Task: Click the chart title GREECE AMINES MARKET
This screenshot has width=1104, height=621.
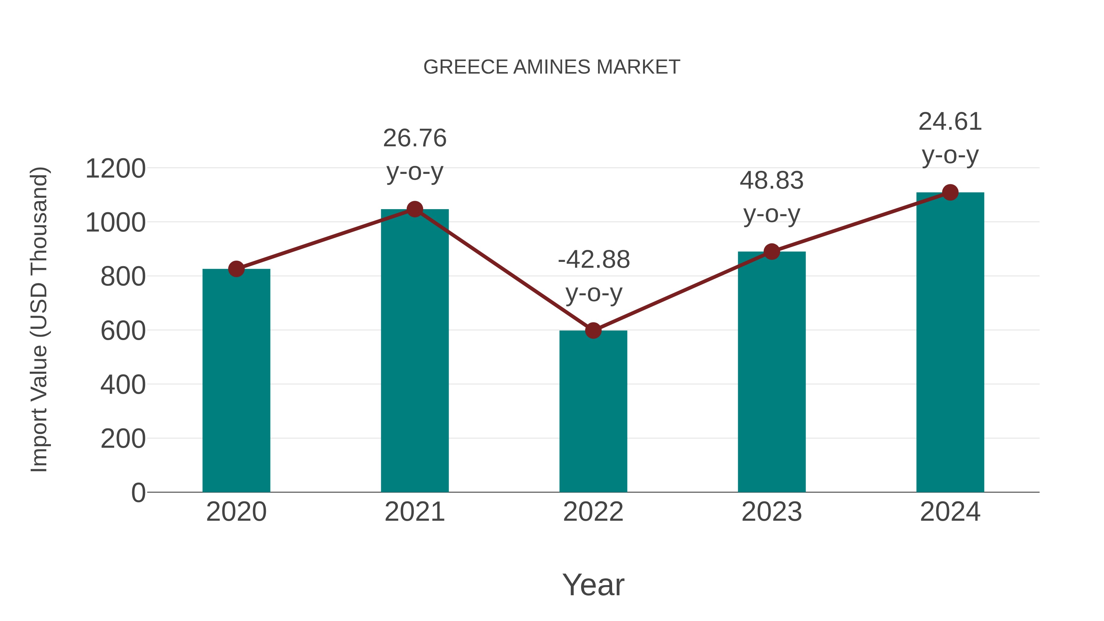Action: [x=552, y=67]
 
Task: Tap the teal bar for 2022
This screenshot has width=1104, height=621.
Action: [x=593, y=412]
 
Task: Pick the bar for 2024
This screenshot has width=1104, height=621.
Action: [x=950, y=343]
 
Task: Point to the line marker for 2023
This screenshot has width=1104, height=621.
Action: [x=772, y=251]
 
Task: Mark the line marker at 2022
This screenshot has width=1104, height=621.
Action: [x=593, y=330]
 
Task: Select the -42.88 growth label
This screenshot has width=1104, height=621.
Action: [x=594, y=260]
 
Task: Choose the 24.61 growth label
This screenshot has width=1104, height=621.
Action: [x=950, y=122]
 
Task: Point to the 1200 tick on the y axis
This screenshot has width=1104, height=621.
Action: [x=115, y=168]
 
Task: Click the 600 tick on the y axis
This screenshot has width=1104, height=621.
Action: [x=123, y=331]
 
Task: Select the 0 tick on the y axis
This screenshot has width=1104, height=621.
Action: [x=138, y=493]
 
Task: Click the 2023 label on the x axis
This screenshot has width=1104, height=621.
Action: [x=772, y=512]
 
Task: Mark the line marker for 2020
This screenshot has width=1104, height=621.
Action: [x=236, y=269]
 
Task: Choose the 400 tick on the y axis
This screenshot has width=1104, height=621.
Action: [x=123, y=385]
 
